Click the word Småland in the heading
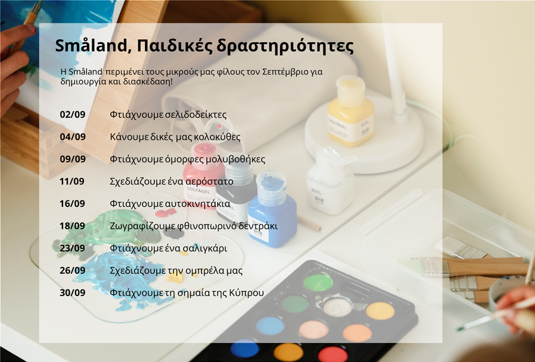pyautogui.click(x=92, y=46)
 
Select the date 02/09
pyautogui.click(x=73, y=114)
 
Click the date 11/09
pyautogui.click(x=72, y=181)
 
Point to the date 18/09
pyautogui.click(x=73, y=226)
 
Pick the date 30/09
pyautogui.click(x=73, y=292)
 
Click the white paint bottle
pyautogui.click(x=331, y=182)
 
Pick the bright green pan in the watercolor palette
pyautogui.click(x=318, y=282)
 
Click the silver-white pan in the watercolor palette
pyautogui.click(x=338, y=307)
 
